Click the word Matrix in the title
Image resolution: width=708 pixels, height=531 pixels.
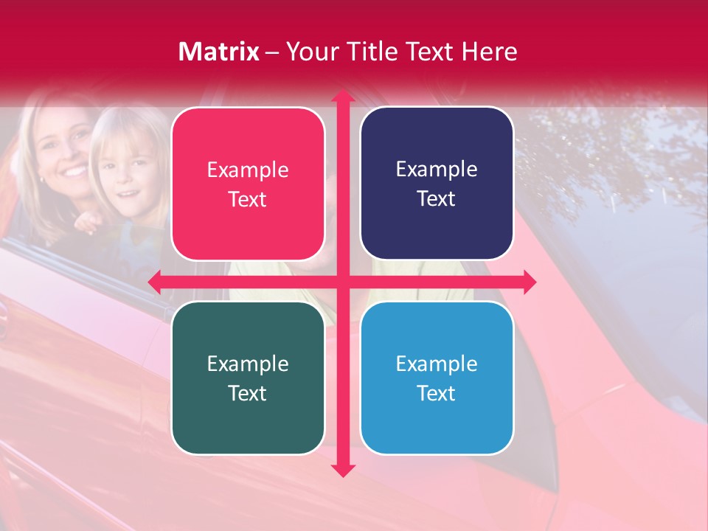218,52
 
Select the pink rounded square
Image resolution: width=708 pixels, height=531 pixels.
248,184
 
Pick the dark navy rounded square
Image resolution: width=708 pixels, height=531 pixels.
437,184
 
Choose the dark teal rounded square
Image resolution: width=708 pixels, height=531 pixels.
248,378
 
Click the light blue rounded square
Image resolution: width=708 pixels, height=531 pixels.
437,378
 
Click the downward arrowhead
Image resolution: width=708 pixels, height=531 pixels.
342,470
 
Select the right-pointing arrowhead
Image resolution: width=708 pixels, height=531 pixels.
529,282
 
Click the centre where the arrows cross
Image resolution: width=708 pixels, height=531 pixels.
342,282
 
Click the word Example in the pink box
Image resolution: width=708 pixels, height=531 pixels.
248,170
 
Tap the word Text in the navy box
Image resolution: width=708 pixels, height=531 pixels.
437,198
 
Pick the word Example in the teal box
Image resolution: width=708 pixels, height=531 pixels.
248,364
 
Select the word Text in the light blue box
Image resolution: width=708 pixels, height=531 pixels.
437,393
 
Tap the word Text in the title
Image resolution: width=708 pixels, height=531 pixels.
428,52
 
